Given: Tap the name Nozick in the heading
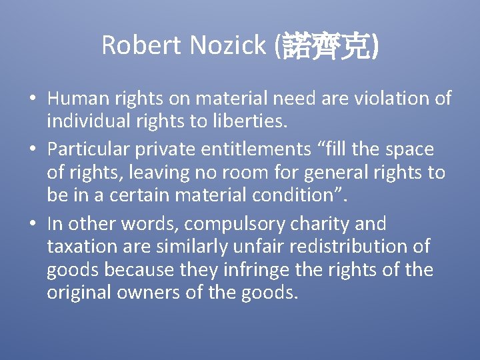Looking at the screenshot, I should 227,45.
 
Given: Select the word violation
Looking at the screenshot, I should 387,99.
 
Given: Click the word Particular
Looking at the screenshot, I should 93,149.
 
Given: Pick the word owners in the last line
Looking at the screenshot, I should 150,293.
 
